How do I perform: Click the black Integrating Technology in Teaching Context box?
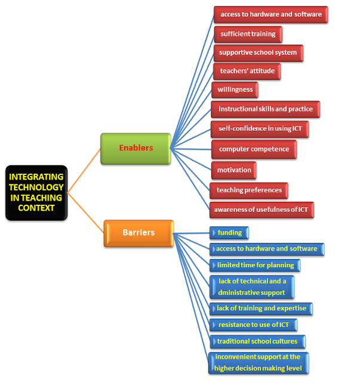(x=36, y=192)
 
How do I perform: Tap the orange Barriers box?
(x=139, y=233)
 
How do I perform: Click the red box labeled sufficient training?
(x=248, y=34)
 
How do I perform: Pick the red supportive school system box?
(x=258, y=53)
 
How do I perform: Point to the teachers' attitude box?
(x=247, y=71)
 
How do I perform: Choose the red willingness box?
(x=235, y=90)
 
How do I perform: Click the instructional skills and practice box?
(x=265, y=109)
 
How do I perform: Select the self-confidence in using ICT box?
(x=260, y=129)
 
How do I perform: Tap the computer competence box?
(x=254, y=149)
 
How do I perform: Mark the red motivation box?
(x=234, y=170)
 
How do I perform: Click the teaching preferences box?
(x=249, y=190)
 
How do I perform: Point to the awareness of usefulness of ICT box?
(x=261, y=210)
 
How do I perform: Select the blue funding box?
(x=229, y=233)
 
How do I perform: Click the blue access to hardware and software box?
(x=266, y=249)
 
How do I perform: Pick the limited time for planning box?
(x=254, y=265)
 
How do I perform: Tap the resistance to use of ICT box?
(x=253, y=325)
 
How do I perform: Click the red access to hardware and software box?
(x=270, y=14)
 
